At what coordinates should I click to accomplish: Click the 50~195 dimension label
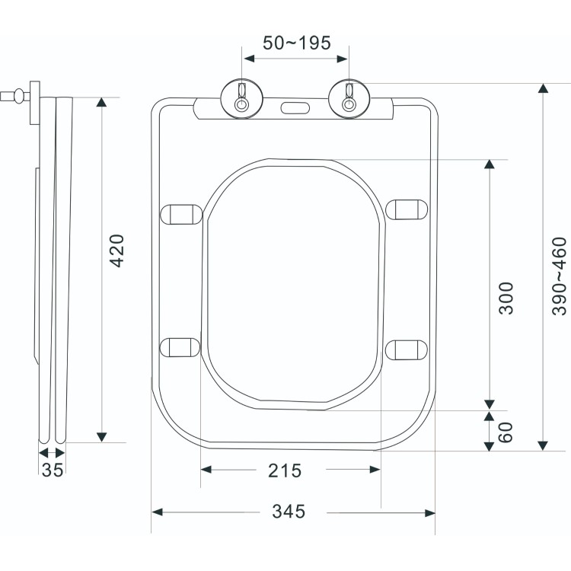click(x=296, y=43)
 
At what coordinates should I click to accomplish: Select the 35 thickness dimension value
click(x=52, y=471)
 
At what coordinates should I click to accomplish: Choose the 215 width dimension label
click(x=285, y=471)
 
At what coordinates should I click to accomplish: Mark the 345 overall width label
click(x=289, y=512)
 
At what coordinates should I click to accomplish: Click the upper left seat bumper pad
click(x=182, y=212)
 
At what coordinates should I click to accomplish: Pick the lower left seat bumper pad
click(x=181, y=348)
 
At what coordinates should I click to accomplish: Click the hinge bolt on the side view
click(x=14, y=97)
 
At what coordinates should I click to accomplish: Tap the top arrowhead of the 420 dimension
click(x=100, y=103)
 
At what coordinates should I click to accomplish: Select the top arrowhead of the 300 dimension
click(x=490, y=165)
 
